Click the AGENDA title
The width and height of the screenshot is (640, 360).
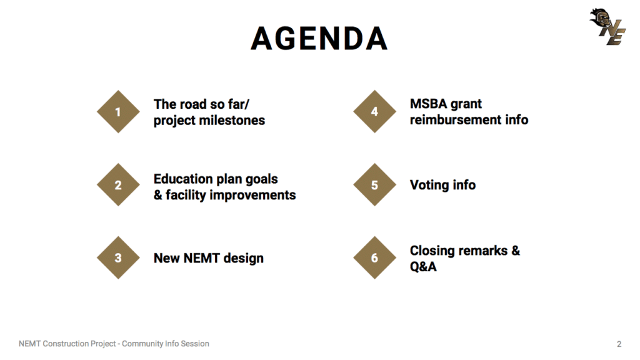(319, 38)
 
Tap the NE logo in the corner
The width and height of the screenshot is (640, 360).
(607, 26)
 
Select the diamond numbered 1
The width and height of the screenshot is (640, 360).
(118, 111)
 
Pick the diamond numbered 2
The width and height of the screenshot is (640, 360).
(118, 184)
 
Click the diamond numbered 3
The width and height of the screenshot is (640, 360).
(118, 257)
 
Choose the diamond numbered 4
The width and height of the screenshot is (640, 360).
(375, 111)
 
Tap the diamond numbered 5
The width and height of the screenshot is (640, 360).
(375, 184)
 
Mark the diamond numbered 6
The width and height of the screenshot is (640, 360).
(375, 257)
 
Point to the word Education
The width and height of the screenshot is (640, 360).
(183, 179)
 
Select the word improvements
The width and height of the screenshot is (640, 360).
(252, 196)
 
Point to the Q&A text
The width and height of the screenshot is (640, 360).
(423, 266)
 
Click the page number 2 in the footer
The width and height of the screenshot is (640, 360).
(619, 344)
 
